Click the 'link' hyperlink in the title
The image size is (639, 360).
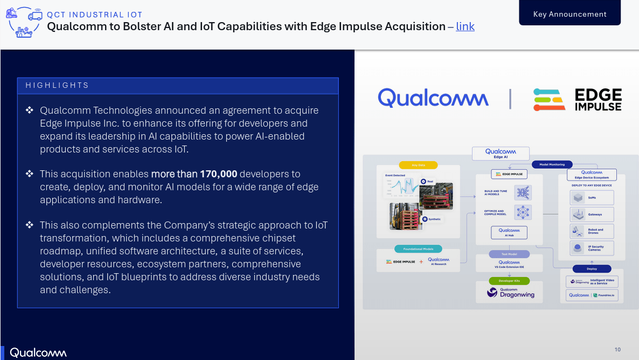(465, 26)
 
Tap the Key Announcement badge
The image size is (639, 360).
(569, 15)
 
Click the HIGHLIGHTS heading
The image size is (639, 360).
(57, 85)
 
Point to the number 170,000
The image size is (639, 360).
(218, 174)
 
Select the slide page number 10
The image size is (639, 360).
(617, 350)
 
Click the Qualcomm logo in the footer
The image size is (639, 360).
(38, 353)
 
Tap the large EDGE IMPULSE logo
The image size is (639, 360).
(577, 100)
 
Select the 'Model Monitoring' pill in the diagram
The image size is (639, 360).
(552, 164)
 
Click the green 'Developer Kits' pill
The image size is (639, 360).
(509, 281)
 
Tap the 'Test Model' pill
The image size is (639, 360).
(509, 254)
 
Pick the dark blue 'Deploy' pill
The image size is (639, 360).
(592, 268)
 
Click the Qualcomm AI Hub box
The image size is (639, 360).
(509, 232)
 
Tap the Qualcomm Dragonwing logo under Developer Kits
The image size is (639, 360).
(509, 293)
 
